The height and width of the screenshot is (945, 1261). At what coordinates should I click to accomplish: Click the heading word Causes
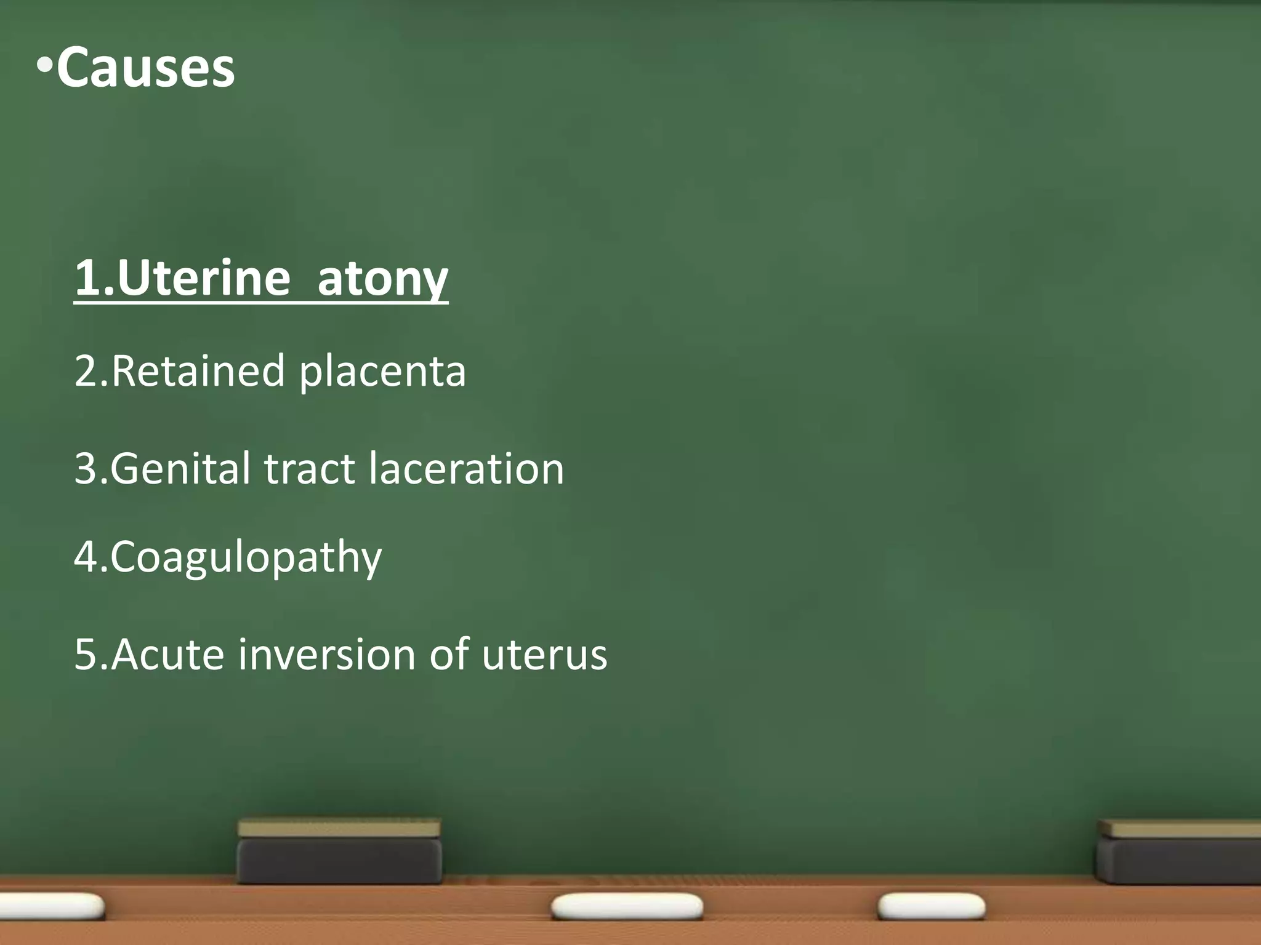[145, 68]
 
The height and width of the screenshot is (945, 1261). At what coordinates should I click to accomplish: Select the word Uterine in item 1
[203, 278]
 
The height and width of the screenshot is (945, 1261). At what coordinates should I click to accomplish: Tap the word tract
[310, 469]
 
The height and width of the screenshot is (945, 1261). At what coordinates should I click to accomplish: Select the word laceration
[466, 469]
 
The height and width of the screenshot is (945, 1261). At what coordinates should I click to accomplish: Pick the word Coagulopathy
[246, 557]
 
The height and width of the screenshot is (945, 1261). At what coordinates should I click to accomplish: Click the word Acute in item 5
[167, 654]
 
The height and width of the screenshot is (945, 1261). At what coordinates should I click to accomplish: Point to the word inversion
[326, 654]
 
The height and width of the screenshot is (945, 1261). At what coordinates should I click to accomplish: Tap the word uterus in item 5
[544, 655]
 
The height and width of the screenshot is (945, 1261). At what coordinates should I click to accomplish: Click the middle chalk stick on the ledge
[627, 906]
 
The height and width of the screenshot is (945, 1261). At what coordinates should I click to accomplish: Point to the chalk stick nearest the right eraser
[931, 906]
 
